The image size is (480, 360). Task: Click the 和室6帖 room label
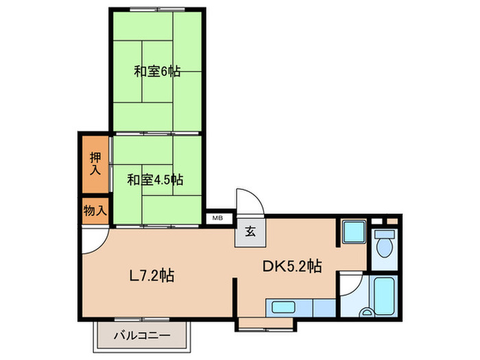pos(157,71)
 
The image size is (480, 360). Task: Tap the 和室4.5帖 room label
pos(155,180)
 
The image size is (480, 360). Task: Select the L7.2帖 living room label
pos(152,276)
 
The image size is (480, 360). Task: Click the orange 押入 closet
pos(95,164)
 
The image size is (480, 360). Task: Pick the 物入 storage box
pos(95,211)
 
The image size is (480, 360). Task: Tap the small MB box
pos(217,219)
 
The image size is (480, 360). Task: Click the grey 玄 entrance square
pos(250,232)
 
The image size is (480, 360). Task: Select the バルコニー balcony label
pos(142,336)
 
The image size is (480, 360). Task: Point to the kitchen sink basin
pos(282,307)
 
